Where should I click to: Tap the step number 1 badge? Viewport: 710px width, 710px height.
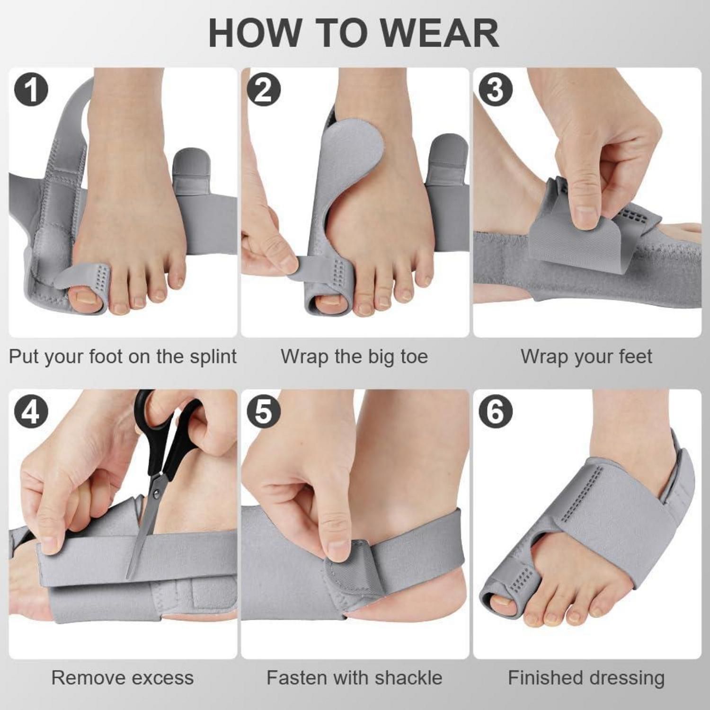31,89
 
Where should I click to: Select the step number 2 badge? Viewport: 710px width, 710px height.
263,89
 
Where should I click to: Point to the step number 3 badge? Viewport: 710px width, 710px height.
495,89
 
